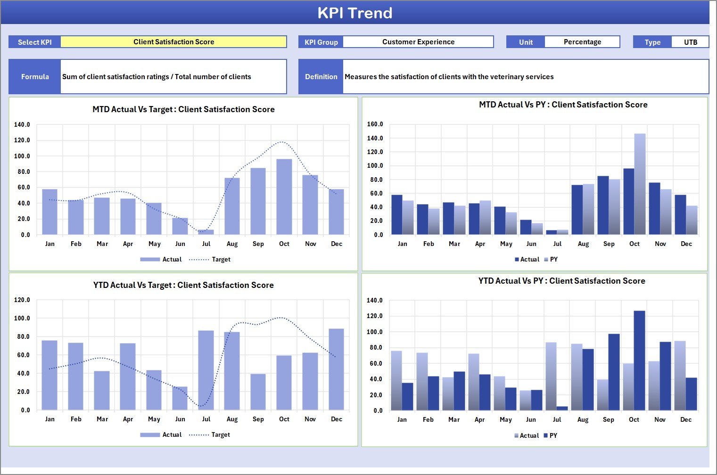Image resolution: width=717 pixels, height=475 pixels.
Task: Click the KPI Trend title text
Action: pyautogui.click(x=355, y=13)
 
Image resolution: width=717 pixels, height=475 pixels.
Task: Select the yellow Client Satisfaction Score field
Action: pyautogui.click(x=173, y=42)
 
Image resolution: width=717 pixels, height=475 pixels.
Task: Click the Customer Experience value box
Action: pyautogui.click(x=418, y=42)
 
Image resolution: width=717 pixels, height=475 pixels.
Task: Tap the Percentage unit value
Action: pyautogui.click(x=582, y=42)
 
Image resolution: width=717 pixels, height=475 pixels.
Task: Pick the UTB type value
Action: pyautogui.click(x=690, y=42)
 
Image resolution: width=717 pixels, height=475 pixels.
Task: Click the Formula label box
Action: pyautogui.click(x=35, y=77)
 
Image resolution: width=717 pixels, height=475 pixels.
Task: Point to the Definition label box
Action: pyautogui.click(x=321, y=77)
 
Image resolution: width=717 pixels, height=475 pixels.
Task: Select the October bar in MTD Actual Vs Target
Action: pyautogui.click(x=284, y=197)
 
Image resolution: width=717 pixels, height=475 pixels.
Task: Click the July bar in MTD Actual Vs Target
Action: pyautogui.click(x=206, y=232)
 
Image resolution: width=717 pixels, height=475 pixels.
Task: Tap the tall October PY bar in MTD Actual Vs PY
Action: pyautogui.click(x=640, y=184)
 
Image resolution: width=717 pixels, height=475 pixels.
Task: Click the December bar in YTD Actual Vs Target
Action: pyautogui.click(x=336, y=369)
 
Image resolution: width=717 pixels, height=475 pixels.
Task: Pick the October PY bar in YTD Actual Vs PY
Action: pyautogui.click(x=639, y=360)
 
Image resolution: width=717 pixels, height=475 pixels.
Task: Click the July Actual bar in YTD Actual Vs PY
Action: pyautogui.click(x=551, y=376)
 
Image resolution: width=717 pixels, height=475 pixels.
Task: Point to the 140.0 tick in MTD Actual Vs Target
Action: pyautogui.click(x=22, y=125)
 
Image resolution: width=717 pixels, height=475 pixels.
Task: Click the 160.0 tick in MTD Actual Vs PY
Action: pyautogui.click(x=375, y=124)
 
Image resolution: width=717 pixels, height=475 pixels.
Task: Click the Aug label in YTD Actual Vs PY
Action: pyautogui.click(x=583, y=420)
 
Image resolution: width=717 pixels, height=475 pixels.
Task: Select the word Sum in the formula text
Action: pyautogui.click(x=69, y=77)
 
